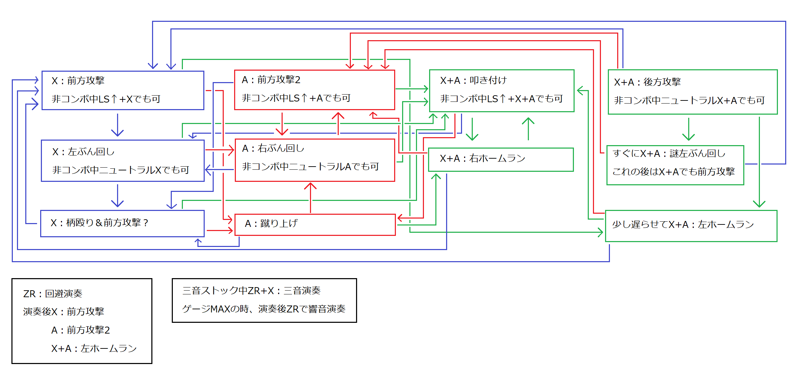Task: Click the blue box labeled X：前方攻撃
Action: pos(123,90)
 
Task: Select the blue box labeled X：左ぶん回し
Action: pos(123,161)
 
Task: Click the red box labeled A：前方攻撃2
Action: pos(314,90)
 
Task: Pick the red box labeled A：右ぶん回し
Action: pos(314,160)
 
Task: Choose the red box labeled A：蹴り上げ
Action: pos(315,224)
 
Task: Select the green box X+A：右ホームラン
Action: pos(501,159)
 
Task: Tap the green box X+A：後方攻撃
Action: pos(693,92)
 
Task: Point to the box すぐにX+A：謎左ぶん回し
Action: pos(675,165)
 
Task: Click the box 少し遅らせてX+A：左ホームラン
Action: pos(691,225)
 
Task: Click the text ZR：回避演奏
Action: pos(53,294)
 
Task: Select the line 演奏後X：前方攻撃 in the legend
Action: pos(64,312)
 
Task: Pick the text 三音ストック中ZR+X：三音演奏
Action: pos(251,291)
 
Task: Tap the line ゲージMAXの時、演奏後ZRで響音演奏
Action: pos(264,309)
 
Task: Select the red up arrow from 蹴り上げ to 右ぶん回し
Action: pos(310,197)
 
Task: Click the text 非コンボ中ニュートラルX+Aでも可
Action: pos(689,100)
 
